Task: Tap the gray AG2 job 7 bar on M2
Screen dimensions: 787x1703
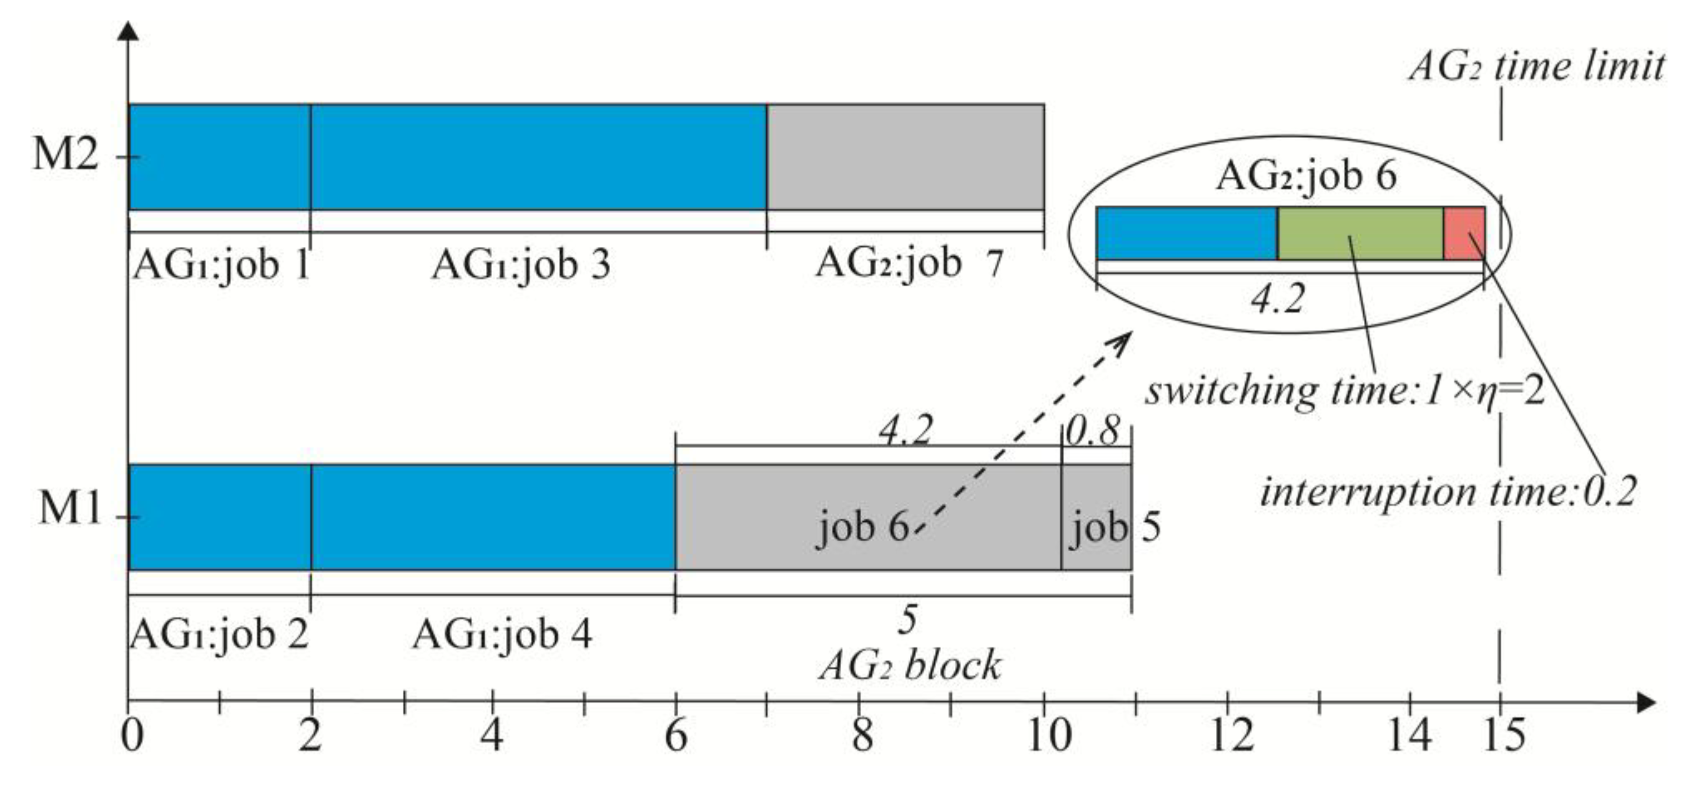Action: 905,157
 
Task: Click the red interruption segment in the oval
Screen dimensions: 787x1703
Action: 1464,233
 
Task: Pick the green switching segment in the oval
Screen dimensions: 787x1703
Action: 1359,233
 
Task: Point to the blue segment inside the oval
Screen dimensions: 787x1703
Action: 1186,233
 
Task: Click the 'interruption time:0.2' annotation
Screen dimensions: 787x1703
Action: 1448,492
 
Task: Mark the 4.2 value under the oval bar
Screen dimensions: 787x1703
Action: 1277,299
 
